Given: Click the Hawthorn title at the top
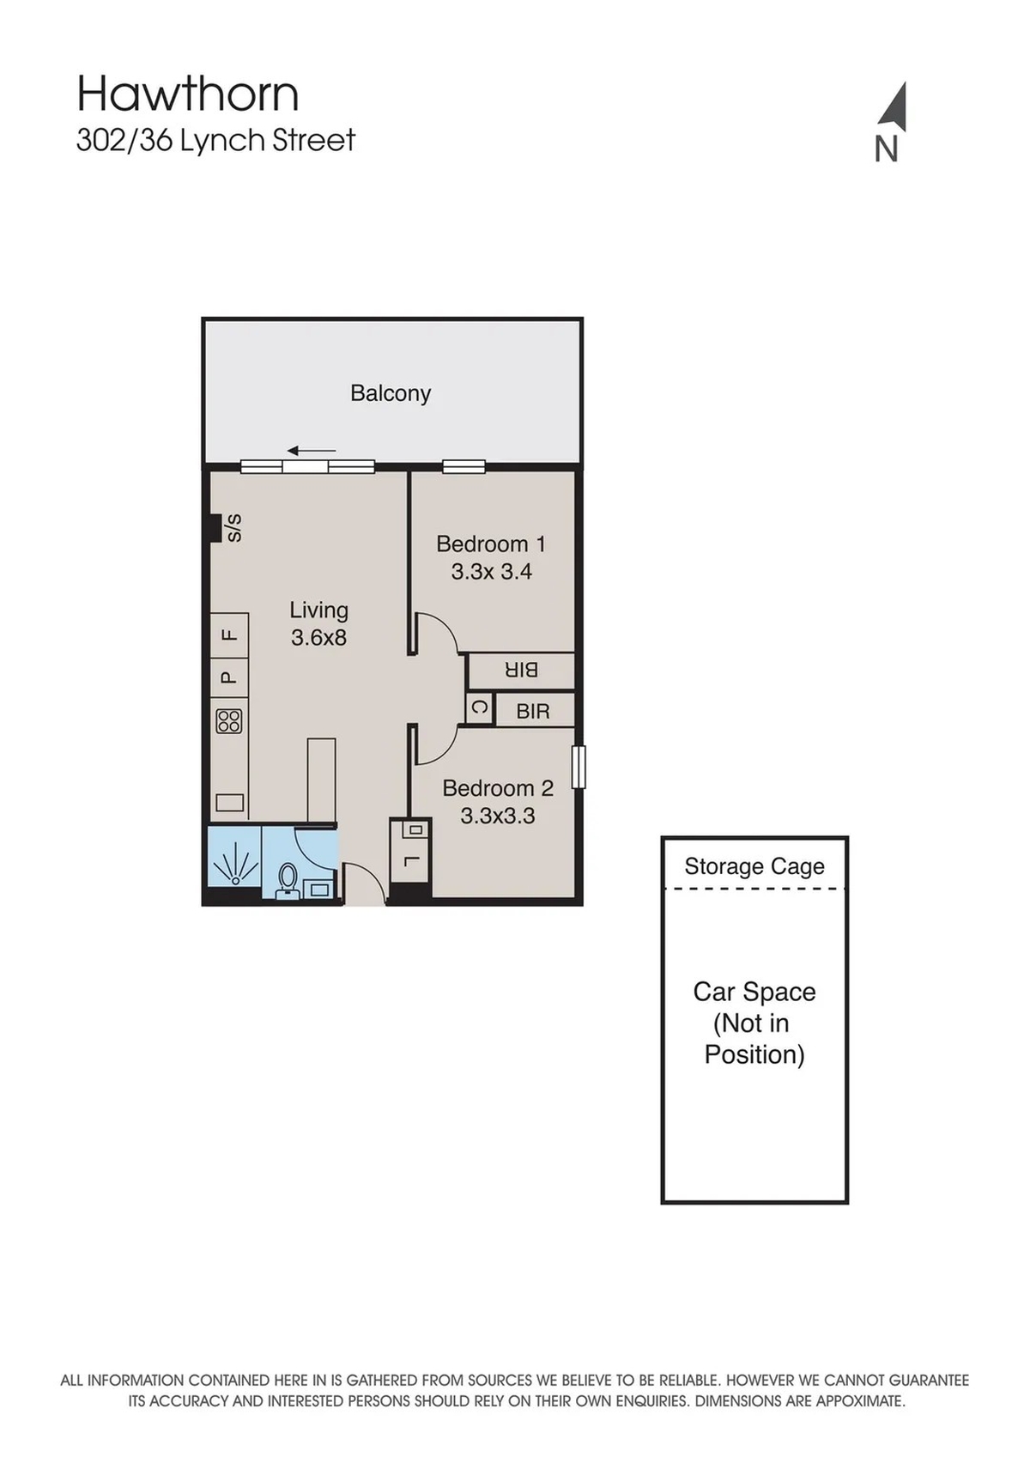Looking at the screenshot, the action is pos(188,94).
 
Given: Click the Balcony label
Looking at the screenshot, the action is pos(391,393).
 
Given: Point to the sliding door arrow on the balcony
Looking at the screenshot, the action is pos(312,450).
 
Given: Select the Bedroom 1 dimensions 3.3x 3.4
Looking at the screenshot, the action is pos(492,571).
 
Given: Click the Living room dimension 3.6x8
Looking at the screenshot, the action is pos(318,637).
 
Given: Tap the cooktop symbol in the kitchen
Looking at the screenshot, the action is pos(229,720).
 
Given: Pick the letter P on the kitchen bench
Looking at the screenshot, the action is pos(227,677).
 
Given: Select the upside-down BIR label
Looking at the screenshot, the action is pos(521,670).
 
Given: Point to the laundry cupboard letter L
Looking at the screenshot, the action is pos(409,861).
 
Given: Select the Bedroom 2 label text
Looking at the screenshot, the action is pos(498,787).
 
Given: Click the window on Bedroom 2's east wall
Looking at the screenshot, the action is pos(578,767).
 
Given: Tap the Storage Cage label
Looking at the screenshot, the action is pos(754,866).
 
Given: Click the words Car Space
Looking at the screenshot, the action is pos(754,992).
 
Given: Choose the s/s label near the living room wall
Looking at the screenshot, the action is pos(234,527).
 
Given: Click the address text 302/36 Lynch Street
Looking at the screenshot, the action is pos(216,140).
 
